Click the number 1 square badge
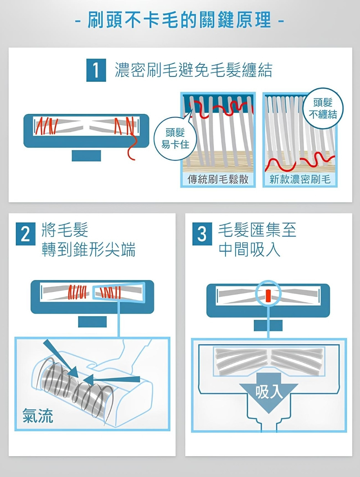(x=96, y=70)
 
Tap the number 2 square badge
(x=26, y=234)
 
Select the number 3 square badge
(x=202, y=234)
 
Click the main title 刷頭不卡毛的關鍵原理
(x=179, y=20)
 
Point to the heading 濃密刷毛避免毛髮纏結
(x=193, y=70)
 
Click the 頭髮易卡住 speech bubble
(x=175, y=139)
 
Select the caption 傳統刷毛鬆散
(x=218, y=180)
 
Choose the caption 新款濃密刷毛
(x=300, y=180)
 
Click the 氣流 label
(x=38, y=415)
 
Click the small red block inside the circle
(x=268, y=295)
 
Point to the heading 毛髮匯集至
(x=257, y=230)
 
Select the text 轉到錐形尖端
(x=89, y=249)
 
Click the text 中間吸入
(x=249, y=249)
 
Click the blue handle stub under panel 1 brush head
(x=86, y=156)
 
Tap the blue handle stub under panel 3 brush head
(x=268, y=325)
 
